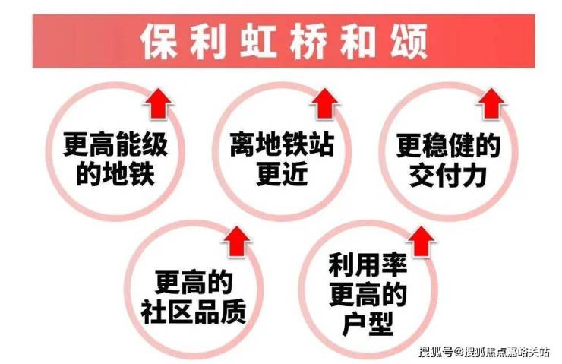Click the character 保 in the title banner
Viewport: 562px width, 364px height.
pyautogui.click(x=159, y=41)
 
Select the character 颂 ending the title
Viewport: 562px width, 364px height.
pyautogui.click(x=409, y=41)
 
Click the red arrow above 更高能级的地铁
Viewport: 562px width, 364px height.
pyautogui.click(x=159, y=103)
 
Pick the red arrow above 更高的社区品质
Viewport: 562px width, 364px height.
pyautogui.click(x=236, y=242)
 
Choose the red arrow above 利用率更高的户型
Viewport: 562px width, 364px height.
pyautogui.click(x=421, y=242)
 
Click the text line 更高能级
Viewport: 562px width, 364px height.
pyautogui.click(x=115, y=144)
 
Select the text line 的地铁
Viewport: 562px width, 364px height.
pyautogui.click(x=115, y=174)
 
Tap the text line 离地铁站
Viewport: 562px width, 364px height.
pyautogui.click(x=282, y=144)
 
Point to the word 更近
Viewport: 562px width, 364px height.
pyautogui.click(x=282, y=174)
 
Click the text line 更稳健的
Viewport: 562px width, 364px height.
pyautogui.click(x=449, y=144)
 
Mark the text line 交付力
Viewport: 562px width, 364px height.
pyautogui.click(x=448, y=176)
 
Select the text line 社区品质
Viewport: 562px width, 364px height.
pyautogui.click(x=194, y=312)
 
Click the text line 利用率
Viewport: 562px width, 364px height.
pyautogui.click(x=368, y=265)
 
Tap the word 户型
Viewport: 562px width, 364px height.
pyautogui.click(x=368, y=324)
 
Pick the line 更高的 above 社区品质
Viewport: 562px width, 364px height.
pyautogui.click(x=194, y=282)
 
